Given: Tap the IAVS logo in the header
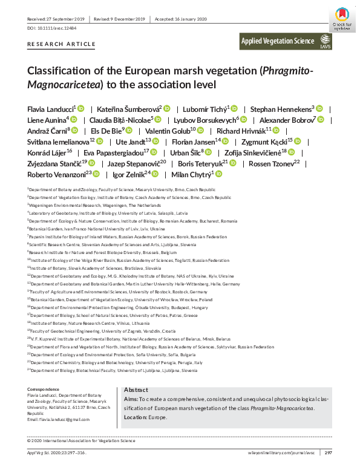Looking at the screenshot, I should coord(326,41).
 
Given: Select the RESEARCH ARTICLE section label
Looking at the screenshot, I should coord(61,44).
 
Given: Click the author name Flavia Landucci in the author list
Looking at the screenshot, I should coord(50,109).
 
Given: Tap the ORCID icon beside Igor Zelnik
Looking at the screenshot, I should coord(155,174).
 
